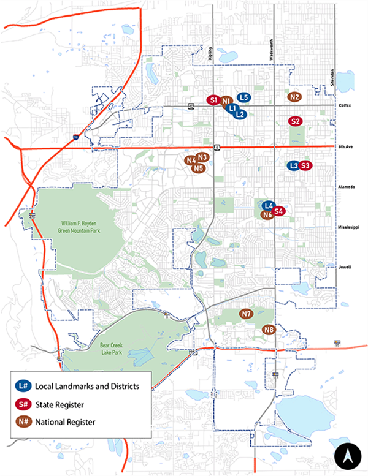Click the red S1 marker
point(213,100)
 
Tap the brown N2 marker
point(294,96)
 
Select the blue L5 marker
point(243,97)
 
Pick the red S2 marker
point(296,121)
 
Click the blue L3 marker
point(294,165)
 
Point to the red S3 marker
point(306,165)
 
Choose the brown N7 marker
point(247,314)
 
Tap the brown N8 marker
point(269,330)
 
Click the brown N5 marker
point(197,168)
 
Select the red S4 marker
point(278,211)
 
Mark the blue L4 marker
point(268,205)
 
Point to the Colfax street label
point(345,105)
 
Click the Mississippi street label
point(347,227)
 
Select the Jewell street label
point(344,267)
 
